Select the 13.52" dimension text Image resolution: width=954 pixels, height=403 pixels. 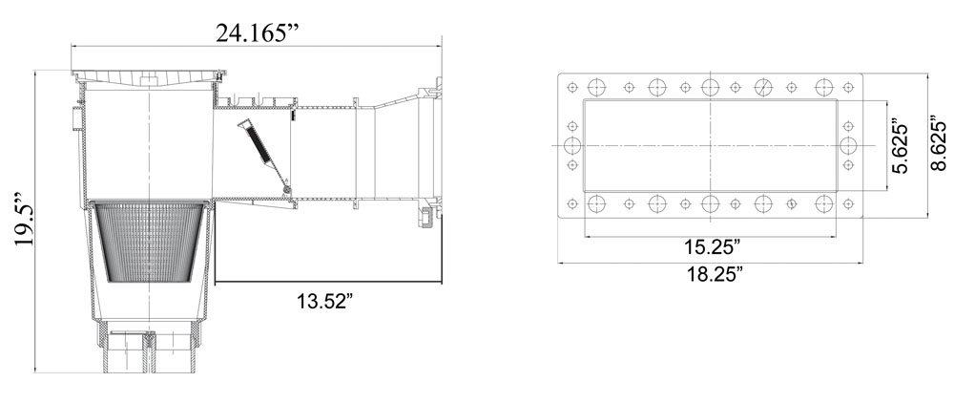[x=325, y=301]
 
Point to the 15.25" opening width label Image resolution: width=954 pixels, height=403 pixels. [x=712, y=247]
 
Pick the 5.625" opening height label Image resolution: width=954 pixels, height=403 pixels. [x=900, y=146]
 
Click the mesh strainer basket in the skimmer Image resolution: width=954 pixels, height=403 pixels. [x=149, y=243]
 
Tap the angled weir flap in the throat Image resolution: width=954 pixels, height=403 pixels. [x=263, y=156]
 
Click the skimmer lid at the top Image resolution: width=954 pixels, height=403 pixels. [x=149, y=76]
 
